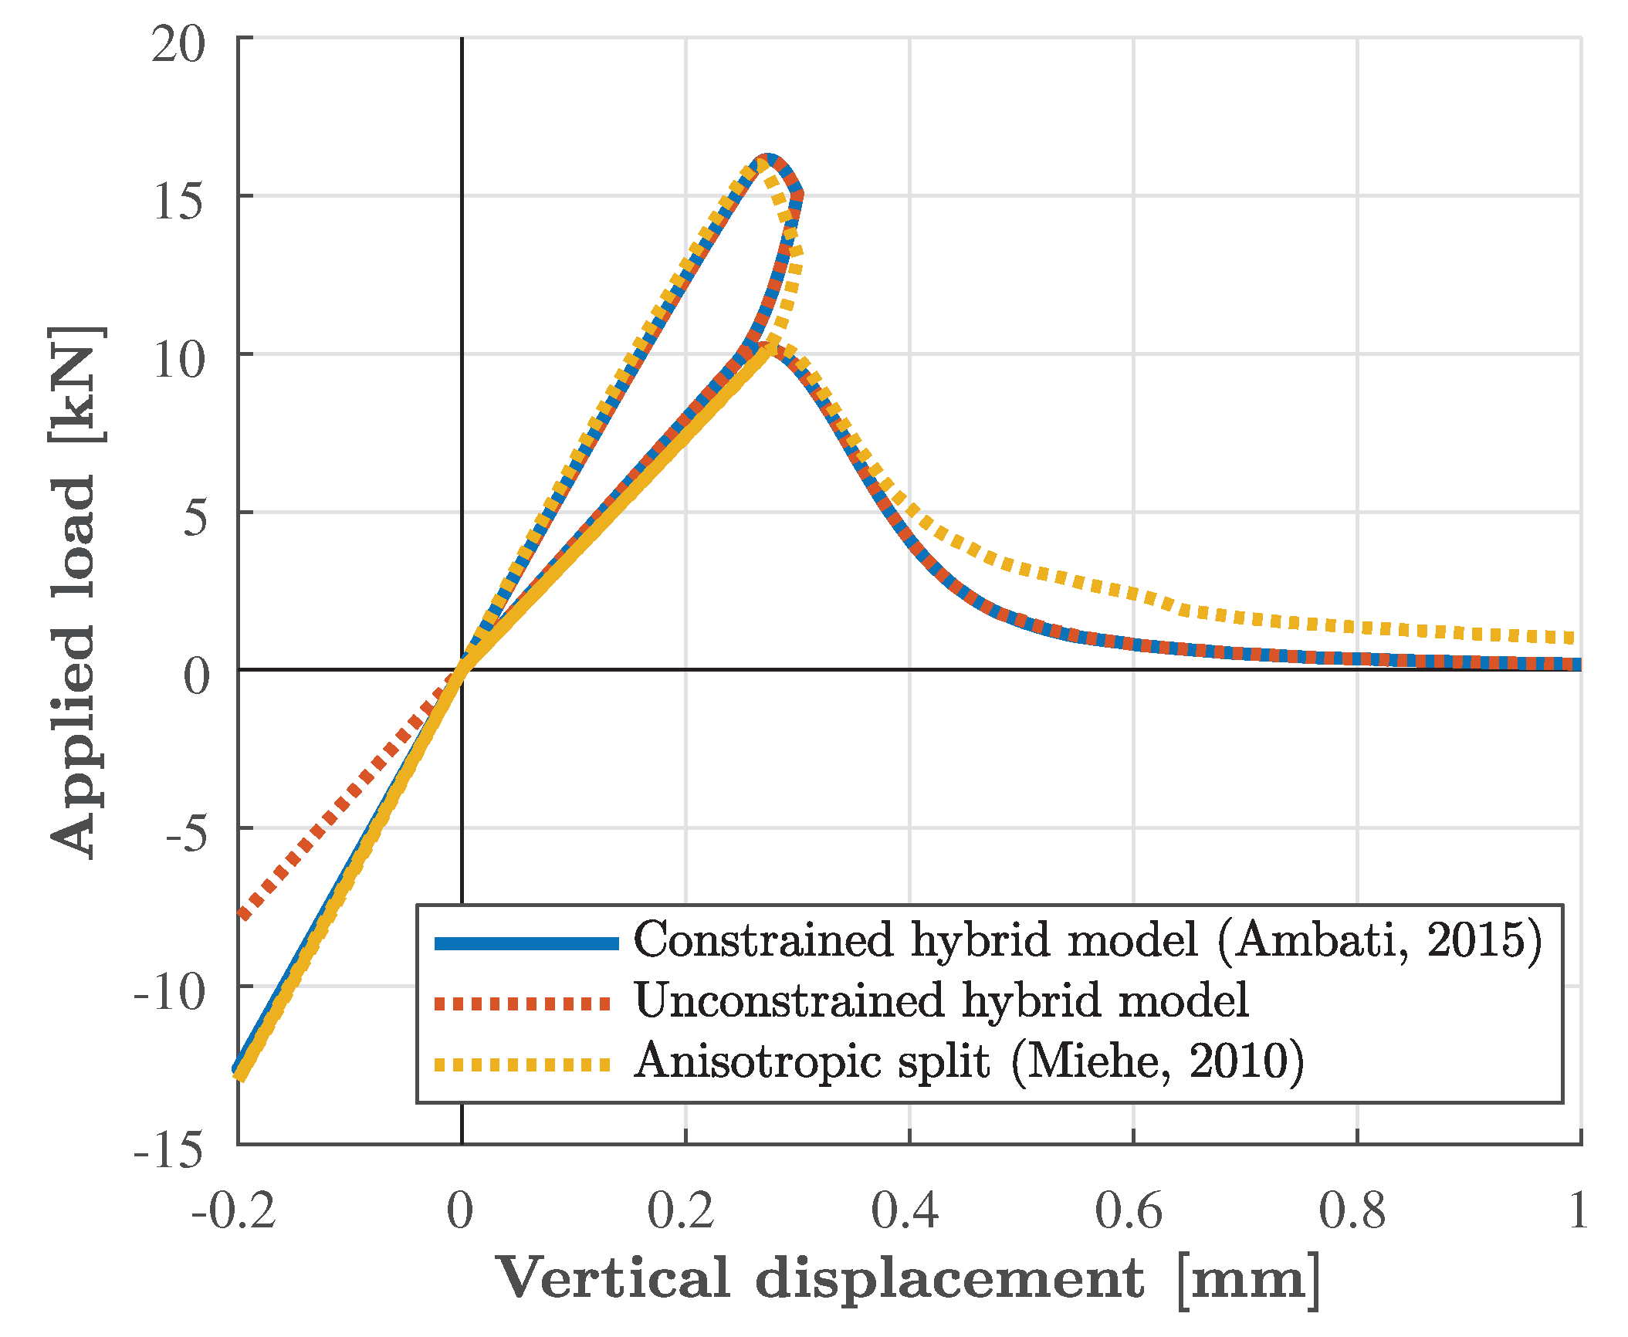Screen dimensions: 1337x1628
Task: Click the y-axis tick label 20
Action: click(x=178, y=45)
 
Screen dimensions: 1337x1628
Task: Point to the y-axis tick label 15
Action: click(x=178, y=202)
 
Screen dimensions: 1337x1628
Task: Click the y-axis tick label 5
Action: click(x=195, y=518)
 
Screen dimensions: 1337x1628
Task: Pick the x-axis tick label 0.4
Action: click(x=905, y=1210)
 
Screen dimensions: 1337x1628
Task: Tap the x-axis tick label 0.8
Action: click(x=1352, y=1210)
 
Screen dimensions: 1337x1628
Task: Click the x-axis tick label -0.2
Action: click(x=234, y=1210)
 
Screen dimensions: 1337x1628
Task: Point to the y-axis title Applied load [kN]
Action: click(x=76, y=591)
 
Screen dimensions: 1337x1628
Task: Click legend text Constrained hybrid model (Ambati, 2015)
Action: click(x=1087, y=940)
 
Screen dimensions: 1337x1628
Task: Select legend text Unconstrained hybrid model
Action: click(x=941, y=1001)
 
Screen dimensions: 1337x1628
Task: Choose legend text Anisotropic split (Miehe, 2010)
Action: click(x=969, y=1061)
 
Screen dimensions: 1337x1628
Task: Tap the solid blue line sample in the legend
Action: click(x=526, y=943)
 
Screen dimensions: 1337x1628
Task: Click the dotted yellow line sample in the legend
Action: click(x=523, y=1065)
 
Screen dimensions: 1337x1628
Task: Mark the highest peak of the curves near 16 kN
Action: click(x=767, y=159)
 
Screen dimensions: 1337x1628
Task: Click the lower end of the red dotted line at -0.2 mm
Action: click(x=243, y=916)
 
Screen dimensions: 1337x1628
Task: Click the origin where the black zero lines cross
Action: click(x=462, y=669)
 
